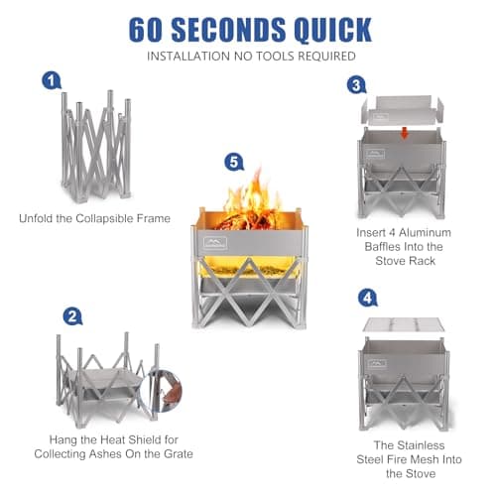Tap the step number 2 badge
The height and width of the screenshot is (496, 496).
point(71,317)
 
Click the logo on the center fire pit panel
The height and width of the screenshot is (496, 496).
point(215,240)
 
